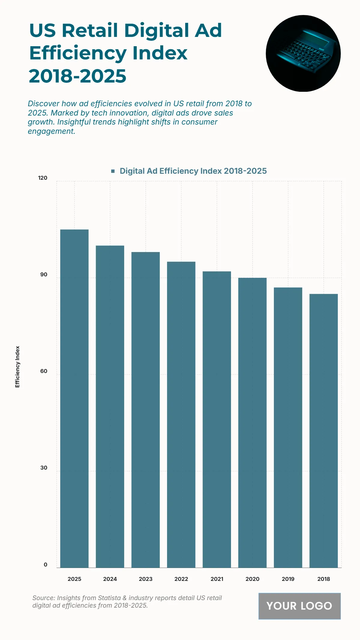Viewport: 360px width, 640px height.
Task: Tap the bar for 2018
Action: [x=323, y=431]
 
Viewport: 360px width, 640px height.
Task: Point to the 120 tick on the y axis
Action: [x=43, y=178]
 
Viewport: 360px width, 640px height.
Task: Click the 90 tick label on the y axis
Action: [x=44, y=275]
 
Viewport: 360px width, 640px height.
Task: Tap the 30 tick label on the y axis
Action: [x=44, y=468]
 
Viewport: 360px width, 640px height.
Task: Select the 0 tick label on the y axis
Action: [x=45, y=564]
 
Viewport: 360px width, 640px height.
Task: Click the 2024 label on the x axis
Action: [x=110, y=579]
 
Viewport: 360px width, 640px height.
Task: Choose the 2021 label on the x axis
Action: [x=217, y=579]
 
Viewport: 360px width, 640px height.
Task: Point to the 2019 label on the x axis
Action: [x=288, y=579]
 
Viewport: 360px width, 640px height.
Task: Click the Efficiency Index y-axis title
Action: [x=17, y=367]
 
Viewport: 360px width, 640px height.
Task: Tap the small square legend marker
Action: [x=113, y=171]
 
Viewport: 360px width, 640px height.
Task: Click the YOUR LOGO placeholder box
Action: [x=299, y=606]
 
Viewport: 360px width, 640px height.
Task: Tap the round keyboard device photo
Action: [x=303, y=53]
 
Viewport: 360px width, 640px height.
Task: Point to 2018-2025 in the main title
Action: [x=78, y=76]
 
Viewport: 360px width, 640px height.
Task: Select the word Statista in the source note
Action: [x=109, y=598]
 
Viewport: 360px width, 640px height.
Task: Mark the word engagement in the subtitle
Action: [x=51, y=131]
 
